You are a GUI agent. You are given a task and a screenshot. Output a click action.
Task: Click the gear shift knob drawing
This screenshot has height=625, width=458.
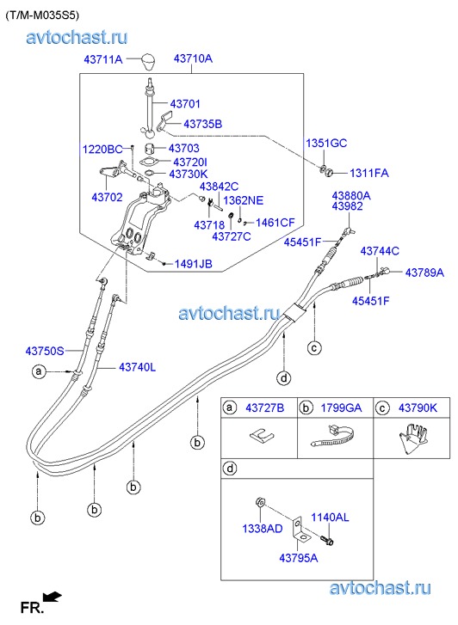pos(150,62)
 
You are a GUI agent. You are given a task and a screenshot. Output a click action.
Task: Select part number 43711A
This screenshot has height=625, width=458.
pos(103,60)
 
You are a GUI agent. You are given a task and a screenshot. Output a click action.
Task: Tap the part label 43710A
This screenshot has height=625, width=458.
pos(193,59)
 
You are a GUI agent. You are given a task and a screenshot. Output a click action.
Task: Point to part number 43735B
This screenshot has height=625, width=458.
pos(202,124)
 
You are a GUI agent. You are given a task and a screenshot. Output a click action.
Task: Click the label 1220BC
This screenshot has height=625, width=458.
pos(102,149)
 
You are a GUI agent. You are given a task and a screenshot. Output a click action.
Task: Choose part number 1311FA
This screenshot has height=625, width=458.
pos(369,173)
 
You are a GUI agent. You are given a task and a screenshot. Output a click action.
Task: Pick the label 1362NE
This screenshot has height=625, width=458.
pos(243,200)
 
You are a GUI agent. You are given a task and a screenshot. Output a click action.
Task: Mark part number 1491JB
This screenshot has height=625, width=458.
pos(193,264)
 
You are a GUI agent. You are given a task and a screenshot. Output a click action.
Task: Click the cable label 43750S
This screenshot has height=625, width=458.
pos(45,351)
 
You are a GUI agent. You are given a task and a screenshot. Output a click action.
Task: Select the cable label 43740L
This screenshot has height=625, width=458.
pos(138,367)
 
